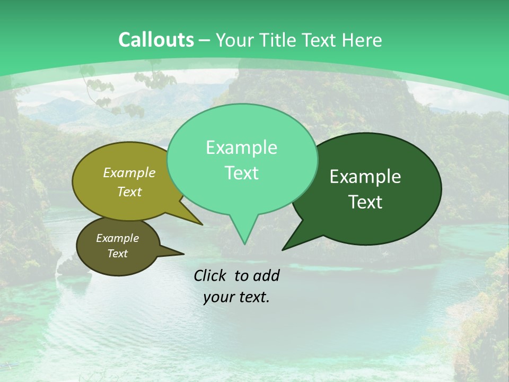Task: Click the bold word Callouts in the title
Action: [156, 40]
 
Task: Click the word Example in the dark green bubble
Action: [365, 177]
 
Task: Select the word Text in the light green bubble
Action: [242, 173]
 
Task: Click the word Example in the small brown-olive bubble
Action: [117, 238]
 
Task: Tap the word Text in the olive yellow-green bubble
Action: [129, 192]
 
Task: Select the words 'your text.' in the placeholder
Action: [236, 297]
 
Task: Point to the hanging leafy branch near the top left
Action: [114, 93]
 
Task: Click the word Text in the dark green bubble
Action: [366, 202]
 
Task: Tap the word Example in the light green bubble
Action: [242, 147]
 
